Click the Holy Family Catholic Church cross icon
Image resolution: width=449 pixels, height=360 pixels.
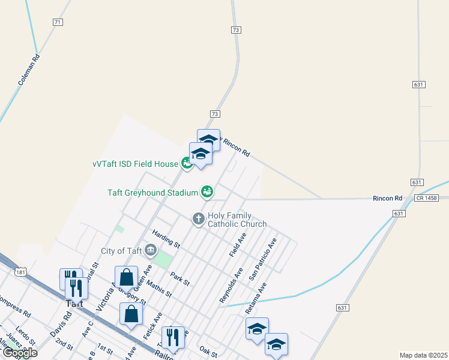coord(198,219)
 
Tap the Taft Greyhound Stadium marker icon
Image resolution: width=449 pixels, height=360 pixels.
coord(207,192)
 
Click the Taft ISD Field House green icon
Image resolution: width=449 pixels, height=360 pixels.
coord(187,163)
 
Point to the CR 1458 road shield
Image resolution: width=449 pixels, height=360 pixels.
coord(424,198)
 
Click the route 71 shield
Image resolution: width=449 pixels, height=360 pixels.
coord(58,22)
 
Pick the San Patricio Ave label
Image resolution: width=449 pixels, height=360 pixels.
coord(264,260)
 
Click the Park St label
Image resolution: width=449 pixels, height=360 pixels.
coord(179,278)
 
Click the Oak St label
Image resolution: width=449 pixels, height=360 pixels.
coord(208,351)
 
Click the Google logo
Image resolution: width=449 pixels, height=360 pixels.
coord(19,353)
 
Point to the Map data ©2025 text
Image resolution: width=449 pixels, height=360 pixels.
coord(423,355)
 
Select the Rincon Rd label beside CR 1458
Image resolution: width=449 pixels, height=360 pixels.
coord(387,198)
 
